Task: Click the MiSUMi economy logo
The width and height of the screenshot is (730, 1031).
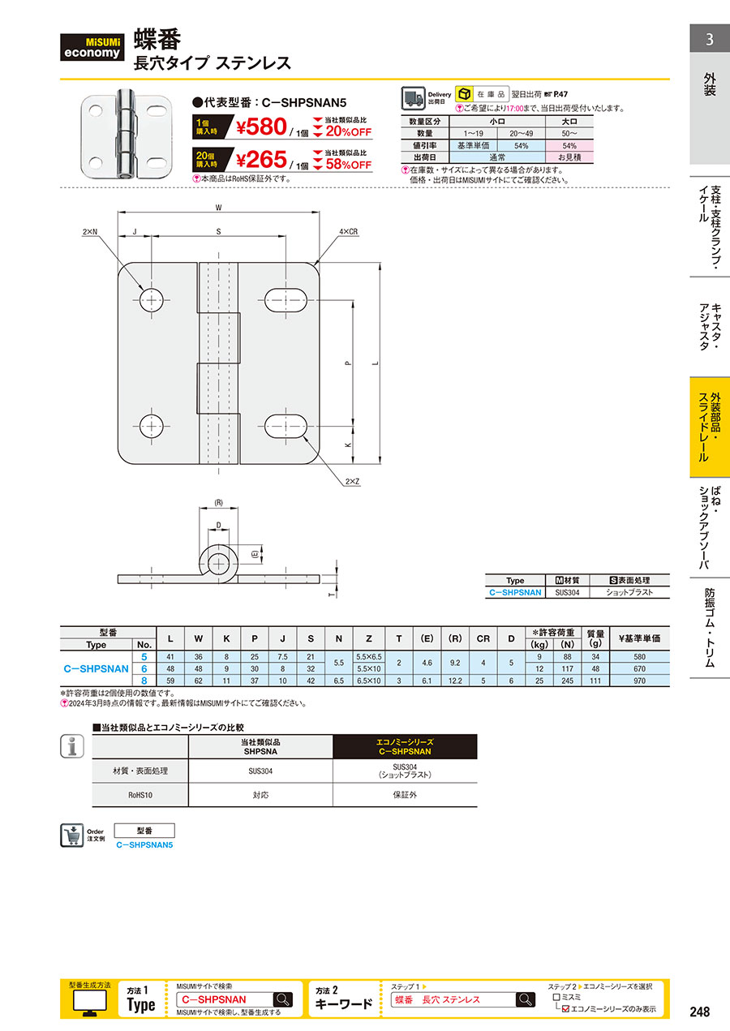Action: [x=92, y=47]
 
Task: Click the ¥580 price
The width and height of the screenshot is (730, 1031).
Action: [x=261, y=127]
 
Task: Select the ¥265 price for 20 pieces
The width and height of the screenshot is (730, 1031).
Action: [x=261, y=160]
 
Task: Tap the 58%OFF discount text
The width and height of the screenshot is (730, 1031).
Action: [x=349, y=165]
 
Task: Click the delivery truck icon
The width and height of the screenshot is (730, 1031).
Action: [x=413, y=98]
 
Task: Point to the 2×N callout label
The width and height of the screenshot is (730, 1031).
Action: [x=90, y=232]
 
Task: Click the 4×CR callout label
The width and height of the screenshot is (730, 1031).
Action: [x=349, y=232]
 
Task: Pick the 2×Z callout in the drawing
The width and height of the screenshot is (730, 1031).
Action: [x=352, y=482]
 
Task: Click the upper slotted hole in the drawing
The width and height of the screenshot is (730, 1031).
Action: [x=286, y=301]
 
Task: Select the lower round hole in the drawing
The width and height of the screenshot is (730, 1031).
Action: [x=152, y=426]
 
